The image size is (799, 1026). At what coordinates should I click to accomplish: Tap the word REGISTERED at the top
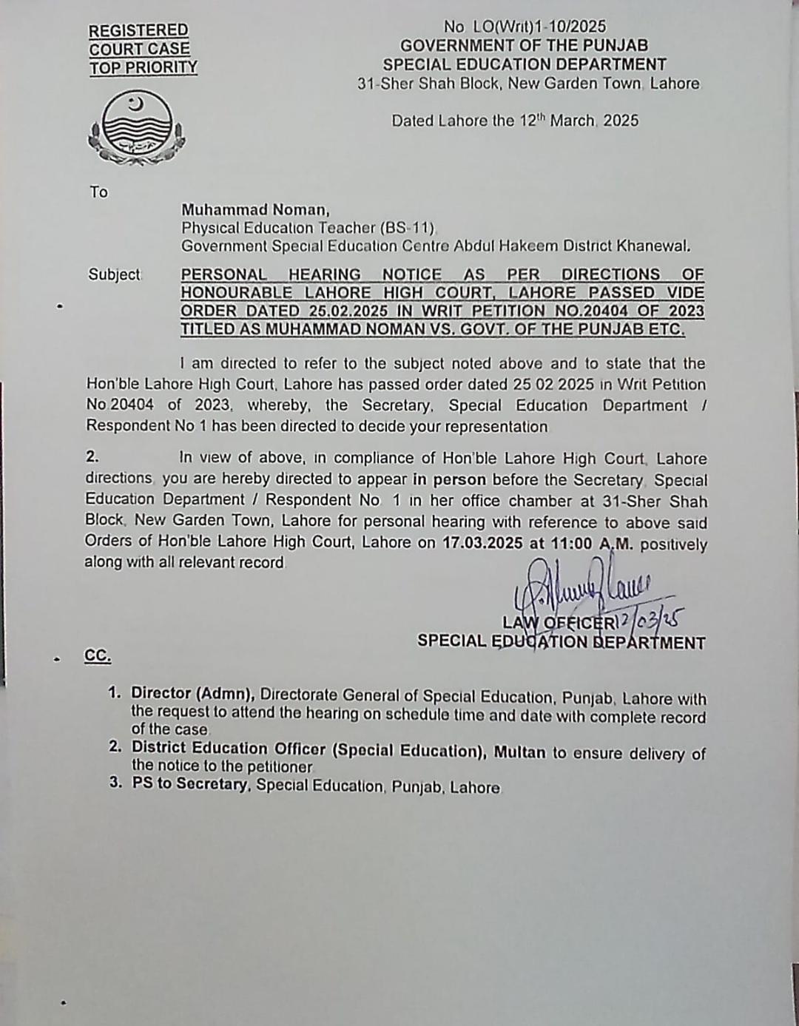point(138,30)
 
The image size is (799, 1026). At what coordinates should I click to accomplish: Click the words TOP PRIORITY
point(144,68)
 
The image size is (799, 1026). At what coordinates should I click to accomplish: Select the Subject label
point(114,274)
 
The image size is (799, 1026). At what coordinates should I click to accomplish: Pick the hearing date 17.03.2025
point(482,543)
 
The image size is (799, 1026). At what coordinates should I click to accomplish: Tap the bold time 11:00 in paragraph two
point(571,544)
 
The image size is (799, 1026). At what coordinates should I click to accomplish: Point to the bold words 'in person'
point(449,479)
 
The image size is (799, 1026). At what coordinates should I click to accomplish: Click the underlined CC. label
point(98,656)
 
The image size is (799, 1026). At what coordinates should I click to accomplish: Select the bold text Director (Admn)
point(193,694)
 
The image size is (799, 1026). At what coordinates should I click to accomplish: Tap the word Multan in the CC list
point(519,752)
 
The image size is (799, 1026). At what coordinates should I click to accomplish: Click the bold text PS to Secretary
point(189,784)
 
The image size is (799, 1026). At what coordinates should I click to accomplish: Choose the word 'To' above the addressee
point(98,192)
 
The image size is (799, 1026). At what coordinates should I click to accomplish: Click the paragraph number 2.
point(92,458)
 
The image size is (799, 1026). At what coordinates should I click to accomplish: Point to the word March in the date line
point(572,121)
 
